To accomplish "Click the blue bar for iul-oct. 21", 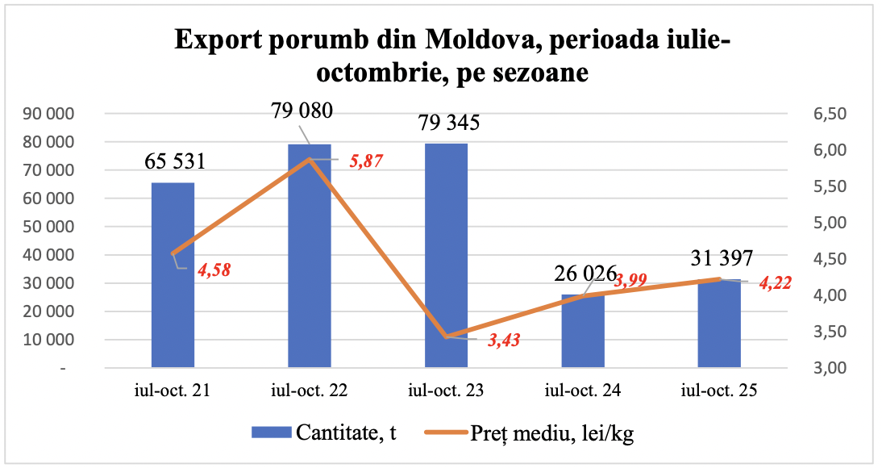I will [173, 275].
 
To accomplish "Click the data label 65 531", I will [175, 161].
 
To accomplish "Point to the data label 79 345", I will [449, 123].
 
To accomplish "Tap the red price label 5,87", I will [364, 161].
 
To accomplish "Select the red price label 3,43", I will [503, 340].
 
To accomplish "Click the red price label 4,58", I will [214, 270].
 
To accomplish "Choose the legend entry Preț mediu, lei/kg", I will [533, 432].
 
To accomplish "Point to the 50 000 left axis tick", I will [56, 227].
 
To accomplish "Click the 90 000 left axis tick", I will [56, 114].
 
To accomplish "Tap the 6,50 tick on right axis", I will [827, 114].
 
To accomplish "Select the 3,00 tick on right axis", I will [827, 368].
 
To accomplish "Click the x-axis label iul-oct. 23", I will [446, 392].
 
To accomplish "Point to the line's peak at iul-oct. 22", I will [310, 159].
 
